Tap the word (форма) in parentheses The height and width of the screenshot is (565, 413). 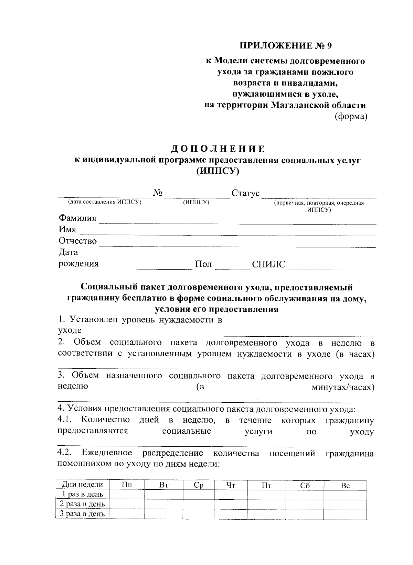pos(351,117)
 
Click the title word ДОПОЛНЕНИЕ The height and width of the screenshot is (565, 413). pos(218,149)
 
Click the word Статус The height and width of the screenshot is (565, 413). pos(245,193)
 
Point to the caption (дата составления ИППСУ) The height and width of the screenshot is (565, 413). pos(105,203)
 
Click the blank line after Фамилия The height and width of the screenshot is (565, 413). pos(237,222)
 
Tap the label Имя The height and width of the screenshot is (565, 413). pos(67,229)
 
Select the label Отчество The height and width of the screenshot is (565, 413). pos(77,241)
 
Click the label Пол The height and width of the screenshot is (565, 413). pos(203,264)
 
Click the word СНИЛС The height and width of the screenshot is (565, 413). pos(268,264)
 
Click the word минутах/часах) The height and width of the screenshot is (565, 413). pos(343,387)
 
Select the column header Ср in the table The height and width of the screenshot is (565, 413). pos(198,485)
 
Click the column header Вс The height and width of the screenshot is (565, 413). pos(345,485)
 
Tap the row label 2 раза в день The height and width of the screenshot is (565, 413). pos(82,504)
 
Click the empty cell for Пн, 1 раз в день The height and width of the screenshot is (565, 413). pos(127,495)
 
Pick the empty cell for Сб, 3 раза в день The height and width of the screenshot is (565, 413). pos(305,514)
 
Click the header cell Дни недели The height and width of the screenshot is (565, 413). pos(82,485)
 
